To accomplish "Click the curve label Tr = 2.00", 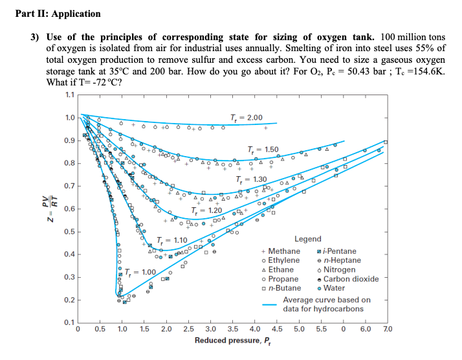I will coord(247,117).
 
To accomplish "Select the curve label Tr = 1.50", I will coord(263,150).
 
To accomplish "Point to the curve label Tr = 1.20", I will coord(207,211).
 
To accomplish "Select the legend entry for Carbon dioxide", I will coord(350,279).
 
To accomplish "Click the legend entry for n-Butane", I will coord(283,288).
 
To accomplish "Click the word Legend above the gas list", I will coord(307,240).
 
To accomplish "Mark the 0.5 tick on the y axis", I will coord(67,232).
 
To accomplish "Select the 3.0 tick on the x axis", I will coord(210,330).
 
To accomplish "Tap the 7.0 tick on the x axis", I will coord(387,330).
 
